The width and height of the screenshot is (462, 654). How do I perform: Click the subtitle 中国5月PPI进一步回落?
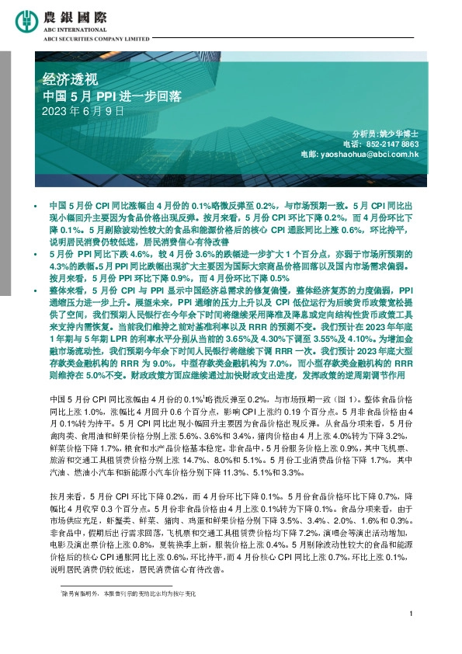[112, 96]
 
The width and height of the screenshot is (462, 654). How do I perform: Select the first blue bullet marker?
[34, 204]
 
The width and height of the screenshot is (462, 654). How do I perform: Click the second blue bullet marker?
[34, 254]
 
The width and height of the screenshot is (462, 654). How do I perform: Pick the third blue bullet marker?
[34, 289]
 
